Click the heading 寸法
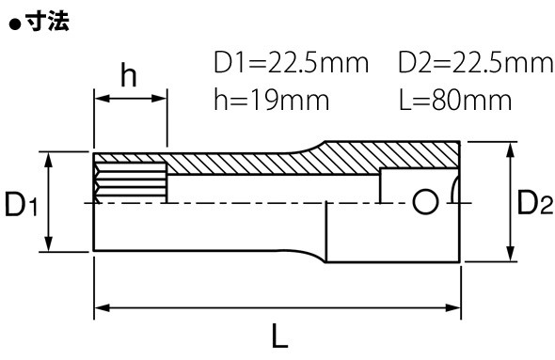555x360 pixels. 47,22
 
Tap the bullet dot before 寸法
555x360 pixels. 16,24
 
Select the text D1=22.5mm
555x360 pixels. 291,63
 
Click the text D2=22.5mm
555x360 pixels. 476,63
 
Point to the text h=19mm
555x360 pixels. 272,100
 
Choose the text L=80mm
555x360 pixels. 455,100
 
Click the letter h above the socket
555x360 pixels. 128,75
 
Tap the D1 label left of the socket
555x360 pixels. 22,204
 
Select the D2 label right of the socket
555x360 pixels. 534,202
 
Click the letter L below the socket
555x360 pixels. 279,336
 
